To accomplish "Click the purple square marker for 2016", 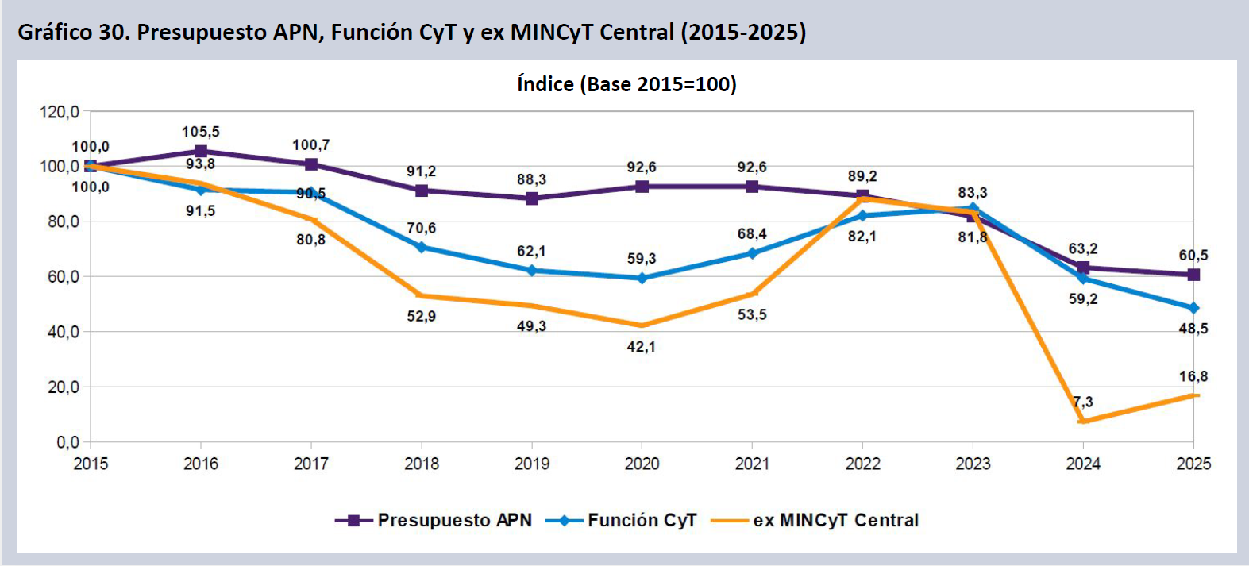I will pyautogui.click(x=201, y=151).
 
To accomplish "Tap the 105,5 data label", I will pyautogui.click(x=201, y=132).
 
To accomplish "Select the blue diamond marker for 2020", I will pyautogui.click(x=642, y=279).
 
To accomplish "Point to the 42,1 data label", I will pyautogui.click(x=642, y=347).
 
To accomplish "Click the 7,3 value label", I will pyautogui.click(x=1083, y=402).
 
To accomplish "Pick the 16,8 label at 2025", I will pyautogui.click(x=1193, y=376).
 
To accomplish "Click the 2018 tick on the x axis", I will pyautogui.click(x=422, y=464).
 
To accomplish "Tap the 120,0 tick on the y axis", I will pyautogui.click(x=60, y=112).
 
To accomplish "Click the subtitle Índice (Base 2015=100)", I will pyautogui.click(x=626, y=84).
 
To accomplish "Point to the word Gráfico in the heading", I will pyautogui.click(x=55, y=32).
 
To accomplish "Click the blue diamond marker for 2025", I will pyautogui.click(x=1193, y=308).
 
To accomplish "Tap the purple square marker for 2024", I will pyautogui.click(x=1083, y=268).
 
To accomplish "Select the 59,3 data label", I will pyautogui.click(x=642, y=259).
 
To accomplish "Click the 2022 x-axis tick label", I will pyautogui.click(x=862, y=464).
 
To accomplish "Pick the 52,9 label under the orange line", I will pyautogui.click(x=422, y=316).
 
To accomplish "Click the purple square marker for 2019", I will pyautogui.click(x=532, y=198).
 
